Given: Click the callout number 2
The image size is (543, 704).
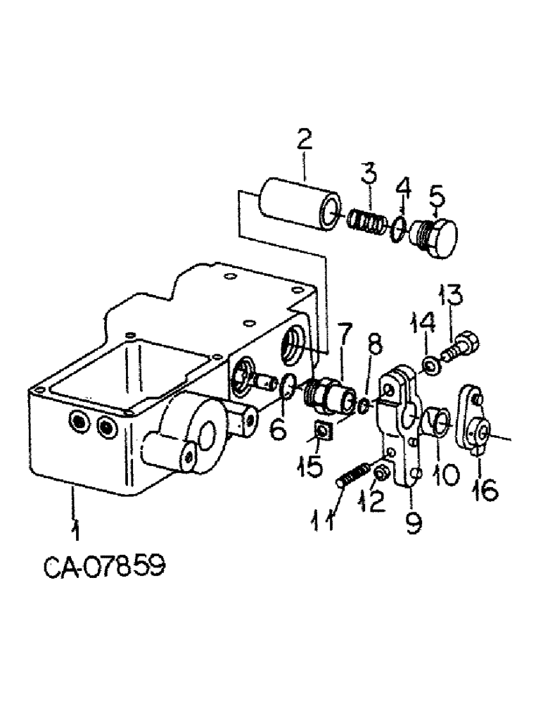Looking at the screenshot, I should [304, 140].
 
